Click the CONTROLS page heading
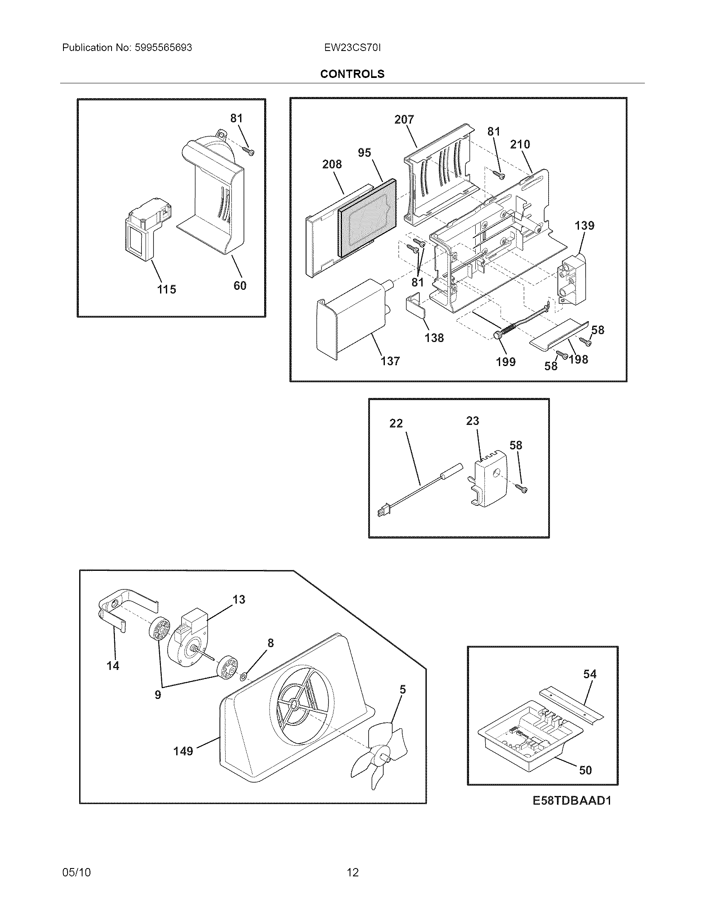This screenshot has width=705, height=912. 352,74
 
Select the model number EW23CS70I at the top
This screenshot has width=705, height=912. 352,48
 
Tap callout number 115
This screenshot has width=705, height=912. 166,289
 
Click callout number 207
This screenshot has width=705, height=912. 404,119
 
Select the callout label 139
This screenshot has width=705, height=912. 584,226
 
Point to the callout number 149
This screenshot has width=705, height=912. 183,752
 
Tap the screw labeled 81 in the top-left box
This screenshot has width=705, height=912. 249,152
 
